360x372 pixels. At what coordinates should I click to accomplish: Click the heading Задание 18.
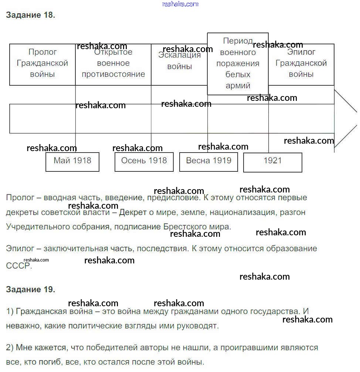point(30,15)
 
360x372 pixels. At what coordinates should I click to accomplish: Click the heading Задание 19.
point(30,289)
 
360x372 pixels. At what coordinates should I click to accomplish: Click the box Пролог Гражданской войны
point(43,64)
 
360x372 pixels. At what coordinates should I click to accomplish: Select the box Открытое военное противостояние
point(113,64)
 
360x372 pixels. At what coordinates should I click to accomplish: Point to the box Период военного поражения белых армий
point(238,64)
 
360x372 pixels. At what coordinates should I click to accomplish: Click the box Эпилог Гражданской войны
point(301,64)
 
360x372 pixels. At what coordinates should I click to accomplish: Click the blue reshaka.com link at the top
point(180,4)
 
